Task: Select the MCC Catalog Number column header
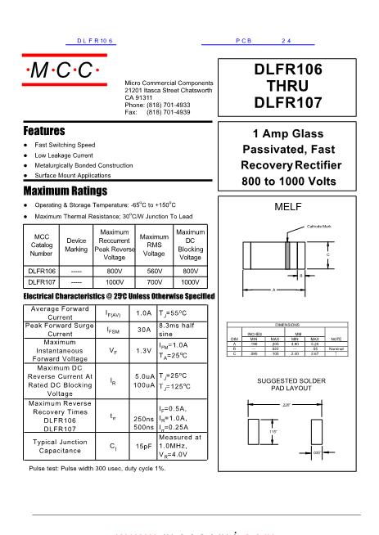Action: (x=41, y=244)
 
